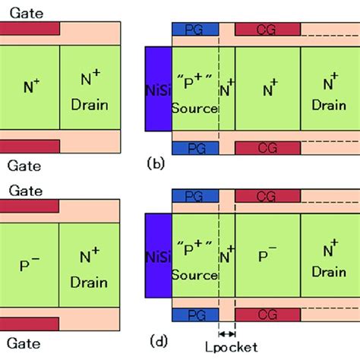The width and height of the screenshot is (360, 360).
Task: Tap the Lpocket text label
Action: click(226, 348)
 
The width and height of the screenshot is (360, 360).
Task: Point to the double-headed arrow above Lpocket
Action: click(226, 333)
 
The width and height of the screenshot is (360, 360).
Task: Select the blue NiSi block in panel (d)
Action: click(158, 256)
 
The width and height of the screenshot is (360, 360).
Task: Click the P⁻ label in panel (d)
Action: click(267, 256)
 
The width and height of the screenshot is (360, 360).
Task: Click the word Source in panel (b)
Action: click(194, 109)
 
